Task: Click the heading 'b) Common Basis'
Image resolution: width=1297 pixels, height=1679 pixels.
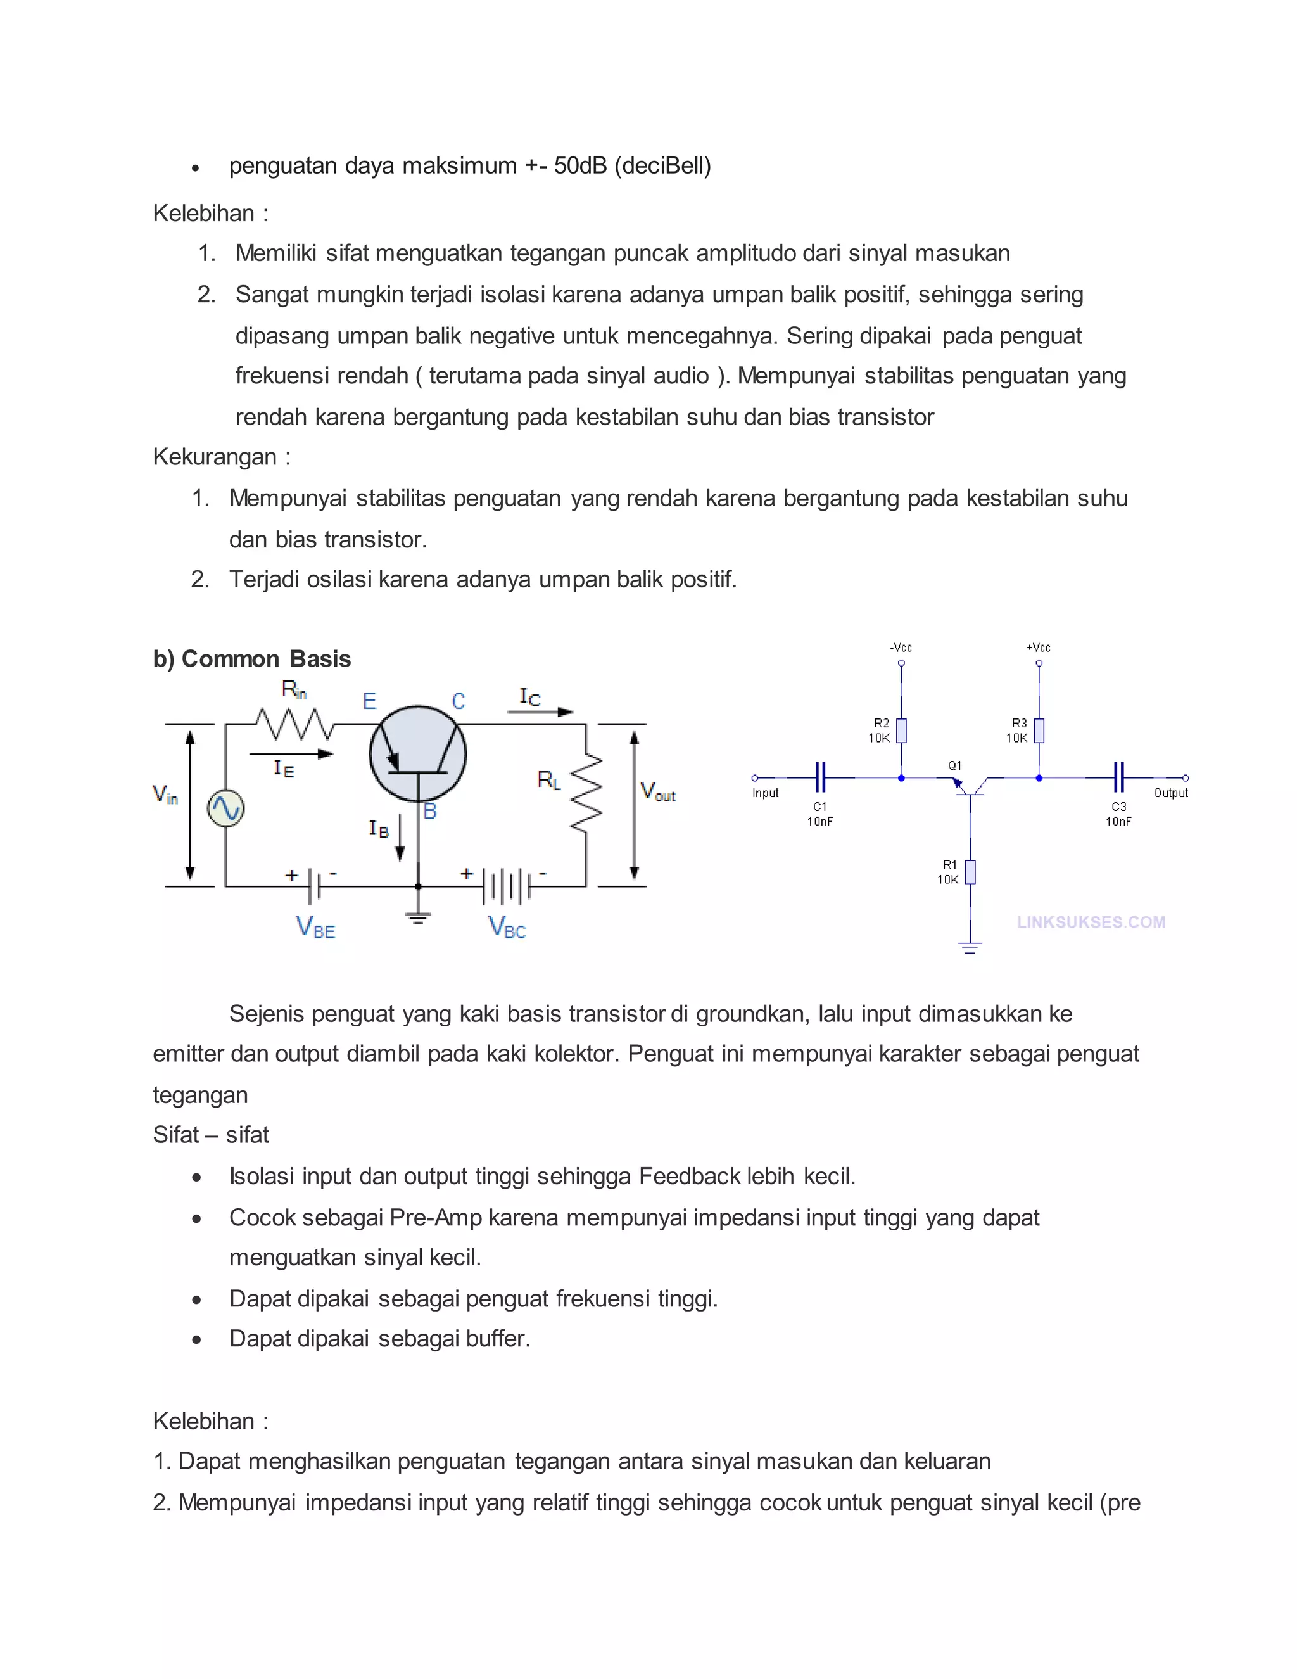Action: (251, 659)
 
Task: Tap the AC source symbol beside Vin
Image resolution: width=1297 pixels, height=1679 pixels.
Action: (226, 808)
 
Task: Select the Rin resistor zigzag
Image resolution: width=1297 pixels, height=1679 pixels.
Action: (295, 724)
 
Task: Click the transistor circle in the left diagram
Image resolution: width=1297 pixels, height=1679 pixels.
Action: (418, 754)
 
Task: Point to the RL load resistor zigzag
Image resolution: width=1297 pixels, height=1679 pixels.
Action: (586, 792)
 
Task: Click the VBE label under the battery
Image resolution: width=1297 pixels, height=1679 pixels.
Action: (315, 926)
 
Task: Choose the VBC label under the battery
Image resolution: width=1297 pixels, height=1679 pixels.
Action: (507, 926)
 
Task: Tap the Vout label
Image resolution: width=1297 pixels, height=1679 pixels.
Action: (658, 791)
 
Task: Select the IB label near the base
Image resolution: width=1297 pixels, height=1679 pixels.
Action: (379, 828)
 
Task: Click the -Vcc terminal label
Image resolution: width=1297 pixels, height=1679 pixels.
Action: (901, 648)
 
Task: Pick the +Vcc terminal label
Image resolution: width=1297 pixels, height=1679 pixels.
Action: (1038, 648)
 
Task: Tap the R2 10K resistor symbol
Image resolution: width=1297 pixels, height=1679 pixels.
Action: (901, 731)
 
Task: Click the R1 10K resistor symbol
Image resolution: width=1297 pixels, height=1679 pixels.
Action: (970, 872)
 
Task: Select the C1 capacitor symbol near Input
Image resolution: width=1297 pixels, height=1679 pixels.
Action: (820, 777)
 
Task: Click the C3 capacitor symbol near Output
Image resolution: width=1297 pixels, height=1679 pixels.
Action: (1119, 777)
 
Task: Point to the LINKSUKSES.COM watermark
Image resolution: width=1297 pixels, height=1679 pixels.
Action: (1091, 922)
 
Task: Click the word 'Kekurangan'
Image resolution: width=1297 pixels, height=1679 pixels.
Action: (215, 457)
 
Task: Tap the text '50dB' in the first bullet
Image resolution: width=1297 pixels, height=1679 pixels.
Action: (580, 165)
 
